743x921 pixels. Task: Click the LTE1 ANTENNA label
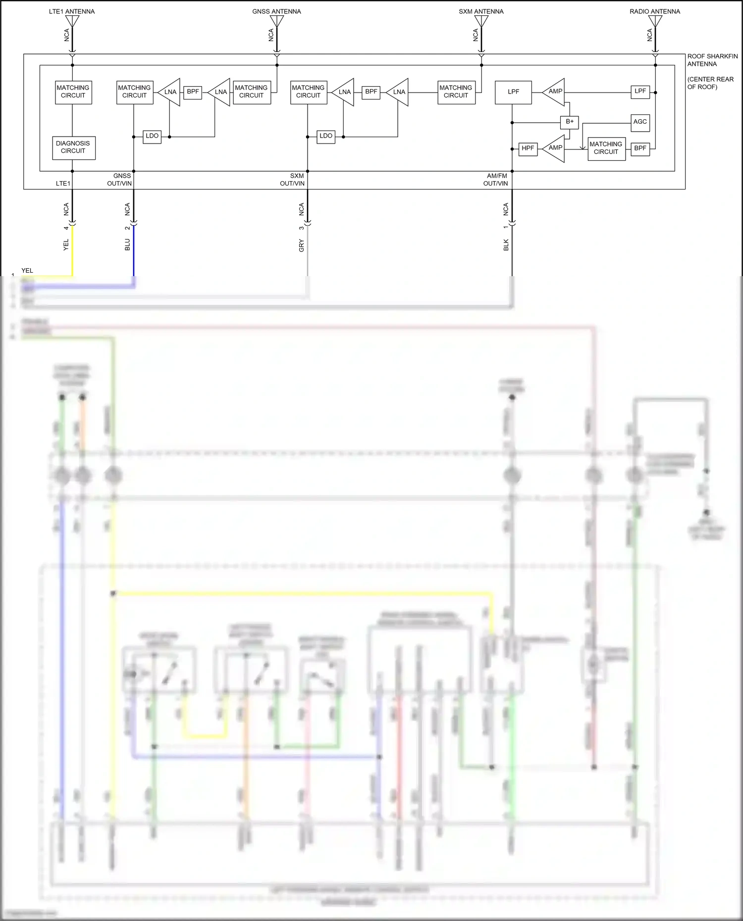(x=72, y=11)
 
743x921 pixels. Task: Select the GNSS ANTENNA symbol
(x=277, y=21)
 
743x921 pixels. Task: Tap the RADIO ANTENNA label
(x=654, y=11)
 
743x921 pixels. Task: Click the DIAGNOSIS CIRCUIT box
(x=73, y=147)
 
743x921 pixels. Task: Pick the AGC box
(x=640, y=122)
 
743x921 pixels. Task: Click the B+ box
(x=569, y=122)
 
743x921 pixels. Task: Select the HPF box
(x=528, y=148)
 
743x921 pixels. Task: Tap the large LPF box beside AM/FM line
(x=513, y=92)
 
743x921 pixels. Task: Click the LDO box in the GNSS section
(x=152, y=136)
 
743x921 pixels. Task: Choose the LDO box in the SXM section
(x=326, y=136)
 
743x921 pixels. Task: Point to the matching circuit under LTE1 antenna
(x=73, y=92)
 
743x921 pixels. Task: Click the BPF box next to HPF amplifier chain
(x=640, y=148)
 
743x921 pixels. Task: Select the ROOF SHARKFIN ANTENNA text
(x=712, y=60)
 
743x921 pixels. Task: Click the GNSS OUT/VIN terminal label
(x=120, y=180)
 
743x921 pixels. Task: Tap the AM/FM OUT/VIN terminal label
(x=496, y=180)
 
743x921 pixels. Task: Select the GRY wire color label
(x=301, y=245)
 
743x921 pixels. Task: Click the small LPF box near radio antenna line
(x=640, y=92)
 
